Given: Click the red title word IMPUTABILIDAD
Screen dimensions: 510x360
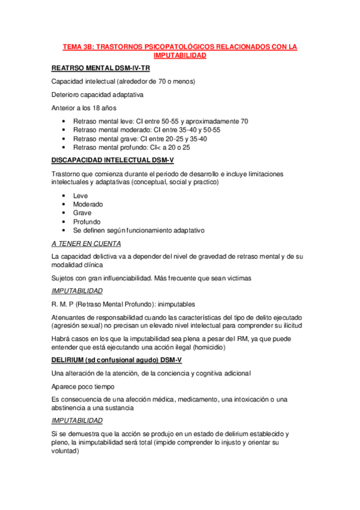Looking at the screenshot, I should [180, 55].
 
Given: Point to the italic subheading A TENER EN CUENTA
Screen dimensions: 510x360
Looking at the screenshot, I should [86, 244].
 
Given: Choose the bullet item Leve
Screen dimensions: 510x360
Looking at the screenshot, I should [81, 196].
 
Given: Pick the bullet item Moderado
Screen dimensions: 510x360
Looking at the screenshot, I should [88, 204].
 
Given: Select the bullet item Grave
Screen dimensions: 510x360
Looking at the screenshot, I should [82, 213].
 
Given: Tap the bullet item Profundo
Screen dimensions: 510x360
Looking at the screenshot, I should [87, 221].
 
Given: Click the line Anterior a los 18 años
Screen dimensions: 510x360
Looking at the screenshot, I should [83, 108].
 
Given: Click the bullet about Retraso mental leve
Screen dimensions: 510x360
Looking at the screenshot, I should [160, 121].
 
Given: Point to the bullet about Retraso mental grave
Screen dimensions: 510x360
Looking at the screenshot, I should [140, 138].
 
